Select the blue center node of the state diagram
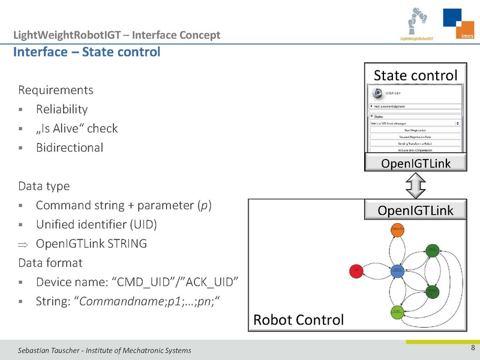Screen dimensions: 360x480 pyautogui.click(x=398, y=271)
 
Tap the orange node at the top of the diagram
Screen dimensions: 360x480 pyautogui.click(x=398, y=229)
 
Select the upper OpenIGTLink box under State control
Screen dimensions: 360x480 pyautogui.click(x=415, y=163)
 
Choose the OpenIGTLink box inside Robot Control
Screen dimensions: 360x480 pyautogui.click(x=415, y=210)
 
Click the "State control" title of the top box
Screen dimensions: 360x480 pyautogui.click(x=415, y=76)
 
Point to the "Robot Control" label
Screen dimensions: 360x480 pyautogui.click(x=299, y=320)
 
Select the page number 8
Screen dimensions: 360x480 pyautogui.click(x=473, y=349)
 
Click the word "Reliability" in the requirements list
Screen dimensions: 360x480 pyautogui.click(x=62, y=109)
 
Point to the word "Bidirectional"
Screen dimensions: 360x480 pyautogui.click(x=69, y=147)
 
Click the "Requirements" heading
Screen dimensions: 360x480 pyautogui.click(x=56, y=91)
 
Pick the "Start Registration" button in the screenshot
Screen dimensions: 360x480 pyautogui.click(x=415, y=130)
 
